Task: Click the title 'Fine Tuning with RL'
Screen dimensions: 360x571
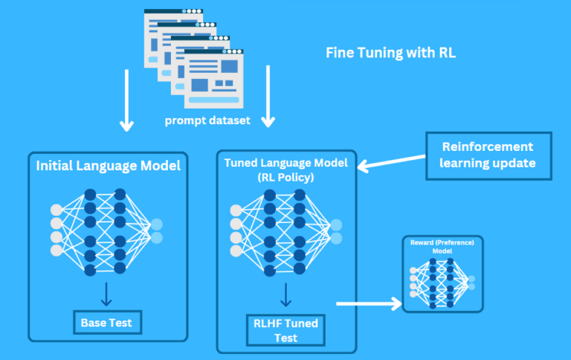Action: tap(391, 54)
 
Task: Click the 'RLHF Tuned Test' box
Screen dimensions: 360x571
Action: tap(285, 330)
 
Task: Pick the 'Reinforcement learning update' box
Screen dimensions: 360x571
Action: tap(488, 155)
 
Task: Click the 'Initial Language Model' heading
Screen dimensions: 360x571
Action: tap(109, 166)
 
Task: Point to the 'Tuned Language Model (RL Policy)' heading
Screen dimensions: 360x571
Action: tap(286, 170)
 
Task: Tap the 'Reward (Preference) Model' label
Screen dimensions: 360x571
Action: tap(442, 246)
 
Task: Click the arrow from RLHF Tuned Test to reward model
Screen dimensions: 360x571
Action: tap(367, 303)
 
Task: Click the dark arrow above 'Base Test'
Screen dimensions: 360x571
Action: tap(107, 294)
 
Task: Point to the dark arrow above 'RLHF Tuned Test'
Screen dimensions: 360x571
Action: tap(285, 296)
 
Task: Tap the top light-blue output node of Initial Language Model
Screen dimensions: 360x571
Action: tap(156, 225)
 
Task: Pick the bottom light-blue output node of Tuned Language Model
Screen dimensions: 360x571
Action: tap(336, 238)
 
